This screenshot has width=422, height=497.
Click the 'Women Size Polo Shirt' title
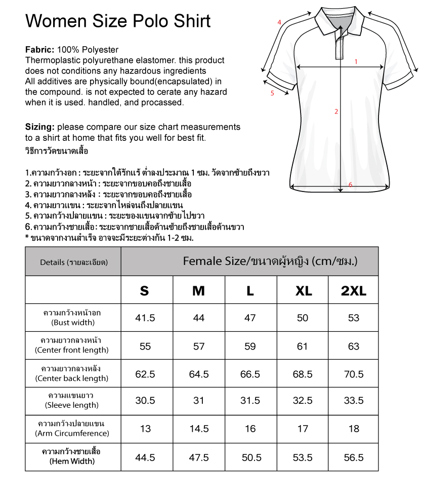pyautogui.click(x=118, y=21)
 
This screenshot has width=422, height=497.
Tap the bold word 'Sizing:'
pyautogui.click(x=40, y=127)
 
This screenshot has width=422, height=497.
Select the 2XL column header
pyautogui.click(x=353, y=290)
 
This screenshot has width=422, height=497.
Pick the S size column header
pyautogui.click(x=145, y=290)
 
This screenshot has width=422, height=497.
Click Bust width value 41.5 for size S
pyautogui.click(x=145, y=318)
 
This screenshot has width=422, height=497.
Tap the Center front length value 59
pyautogui.click(x=250, y=347)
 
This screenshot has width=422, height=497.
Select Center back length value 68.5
pyautogui.click(x=303, y=374)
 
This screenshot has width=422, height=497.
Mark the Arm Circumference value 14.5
pyautogui.click(x=199, y=429)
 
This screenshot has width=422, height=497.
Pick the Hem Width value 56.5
pyautogui.click(x=354, y=457)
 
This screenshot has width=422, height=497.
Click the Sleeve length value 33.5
pyautogui.click(x=354, y=401)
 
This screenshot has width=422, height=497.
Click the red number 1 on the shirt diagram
pyautogui.click(x=356, y=62)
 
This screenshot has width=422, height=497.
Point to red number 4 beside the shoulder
pyautogui.click(x=279, y=22)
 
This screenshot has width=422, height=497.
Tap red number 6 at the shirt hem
pyautogui.click(x=350, y=185)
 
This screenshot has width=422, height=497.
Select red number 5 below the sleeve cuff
pyautogui.click(x=272, y=93)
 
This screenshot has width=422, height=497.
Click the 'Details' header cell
pyautogui.click(x=73, y=262)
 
